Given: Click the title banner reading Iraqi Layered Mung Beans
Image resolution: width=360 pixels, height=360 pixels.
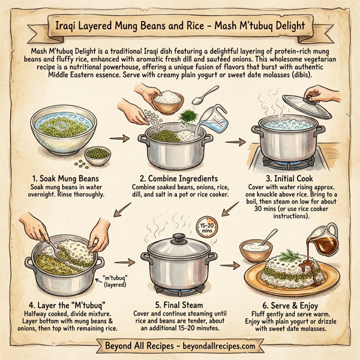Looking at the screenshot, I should pyautogui.click(x=180, y=27).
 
